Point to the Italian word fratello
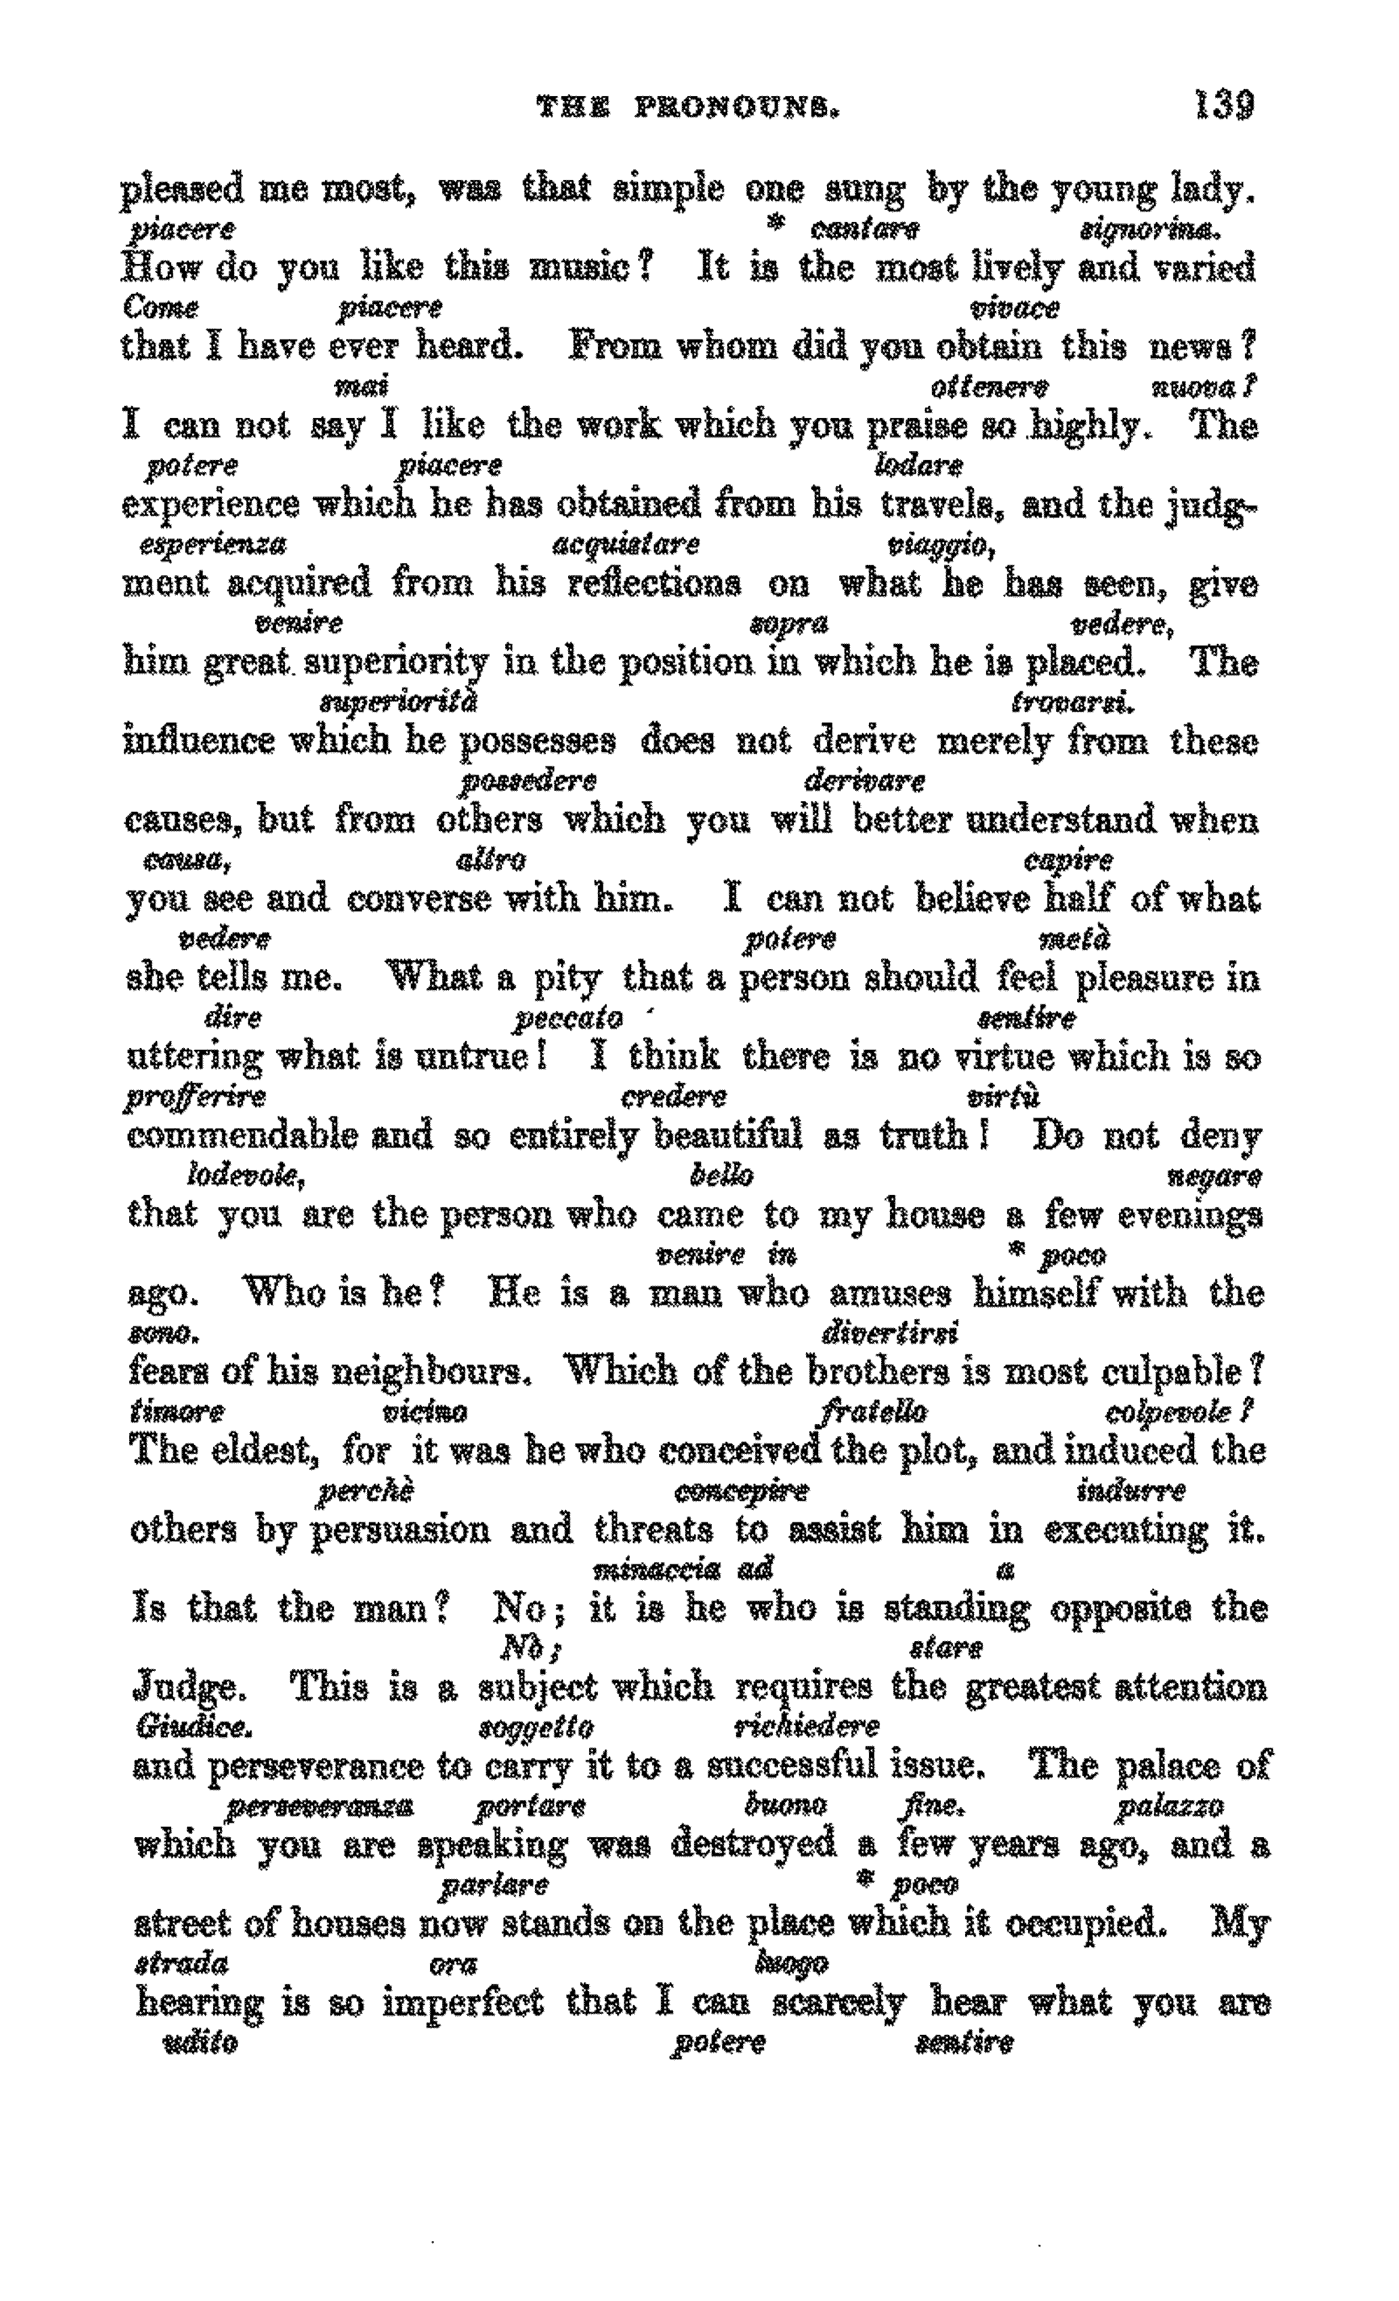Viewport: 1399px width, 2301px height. (x=874, y=1411)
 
